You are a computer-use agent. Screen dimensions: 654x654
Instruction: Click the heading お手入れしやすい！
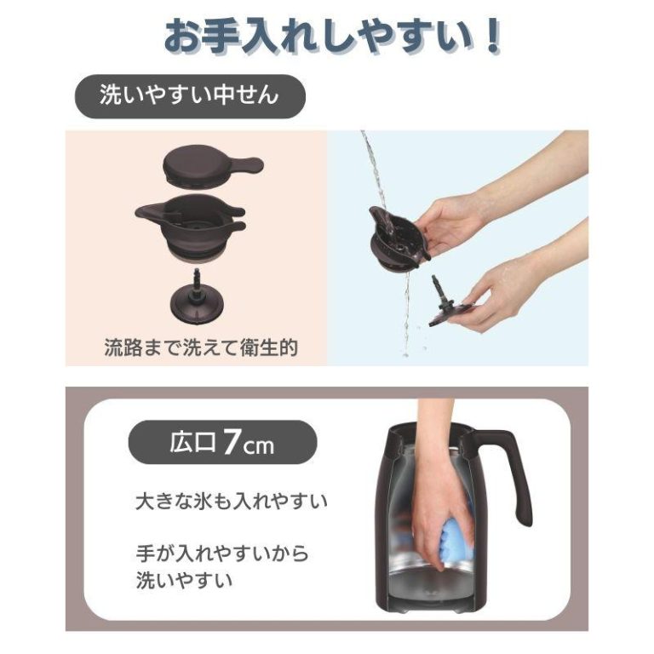(332, 37)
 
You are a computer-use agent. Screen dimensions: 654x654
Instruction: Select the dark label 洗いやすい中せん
(190, 96)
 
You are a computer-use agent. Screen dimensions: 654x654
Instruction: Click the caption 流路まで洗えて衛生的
(201, 347)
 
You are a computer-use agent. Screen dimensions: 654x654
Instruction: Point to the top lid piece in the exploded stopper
(212, 164)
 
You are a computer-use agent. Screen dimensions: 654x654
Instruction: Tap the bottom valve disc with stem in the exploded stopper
(197, 295)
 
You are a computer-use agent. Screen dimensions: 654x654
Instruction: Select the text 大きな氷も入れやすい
(232, 502)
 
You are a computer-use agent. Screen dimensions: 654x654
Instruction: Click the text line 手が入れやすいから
(222, 554)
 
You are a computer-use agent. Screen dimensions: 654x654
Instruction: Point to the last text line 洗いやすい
(184, 581)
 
